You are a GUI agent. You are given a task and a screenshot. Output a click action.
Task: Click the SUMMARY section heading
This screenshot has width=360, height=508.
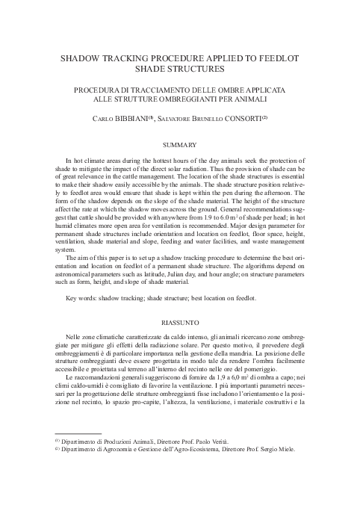point(179,144)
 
